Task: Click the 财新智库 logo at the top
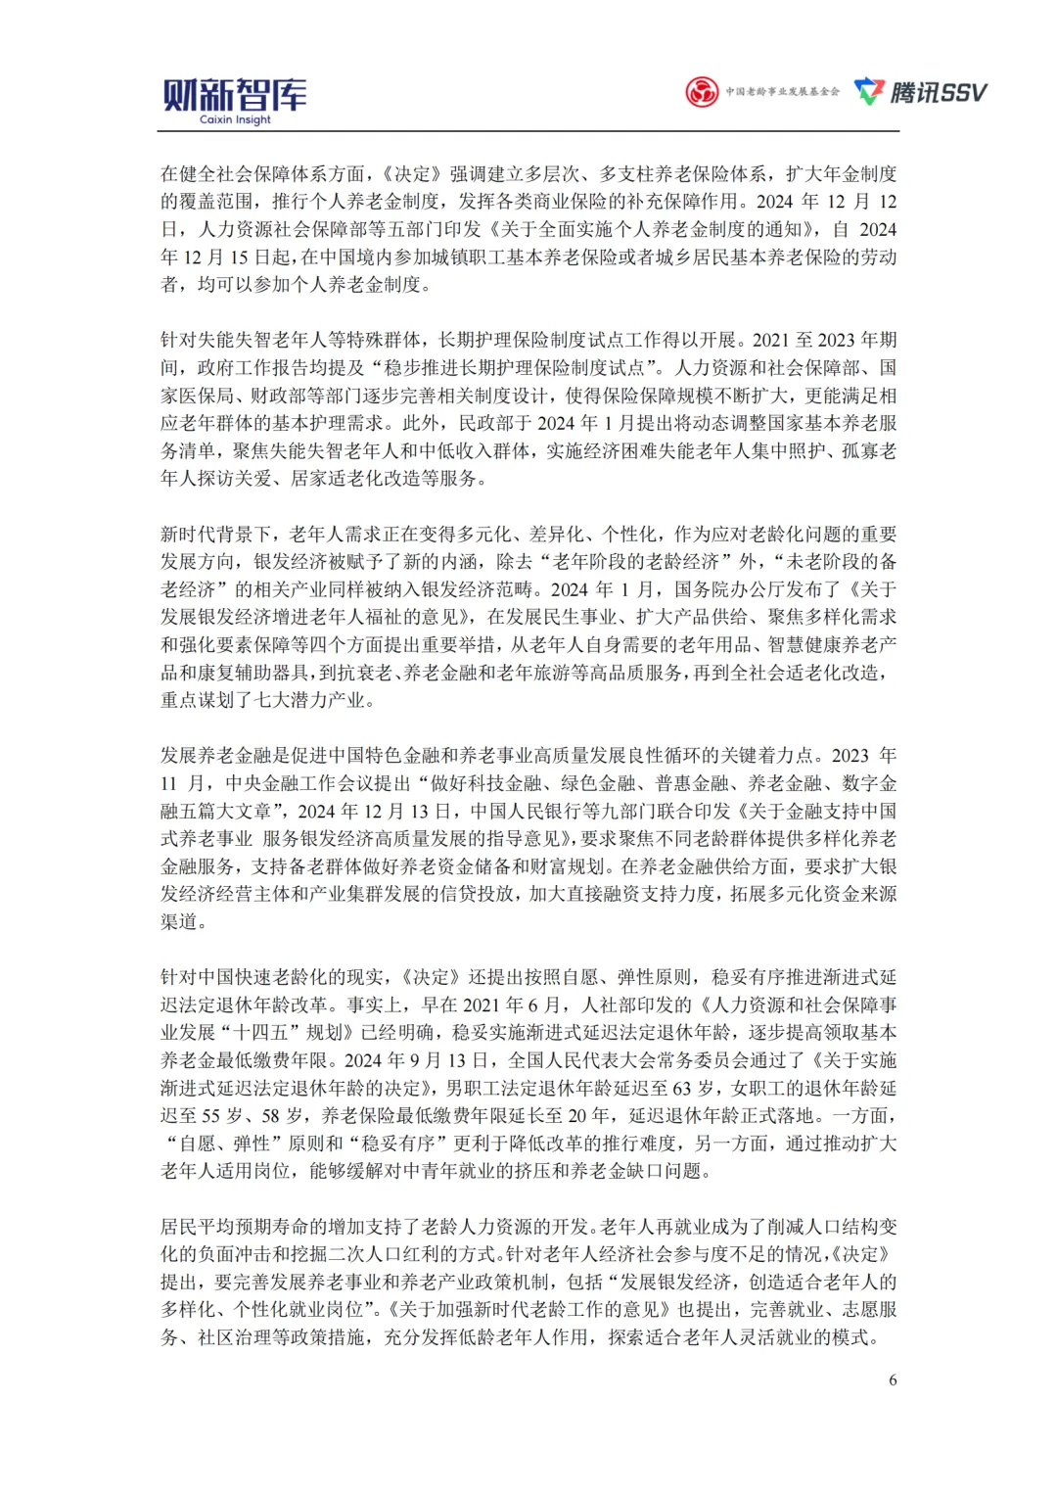pyautogui.click(x=235, y=95)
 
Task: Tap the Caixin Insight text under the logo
pyautogui.click(x=235, y=120)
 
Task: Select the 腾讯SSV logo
pyautogui.click(x=921, y=92)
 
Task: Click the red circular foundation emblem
pyautogui.click(x=701, y=92)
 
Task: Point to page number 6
pyautogui.click(x=893, y=1379)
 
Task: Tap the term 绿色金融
pyautogui.click(x=597, y=783)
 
